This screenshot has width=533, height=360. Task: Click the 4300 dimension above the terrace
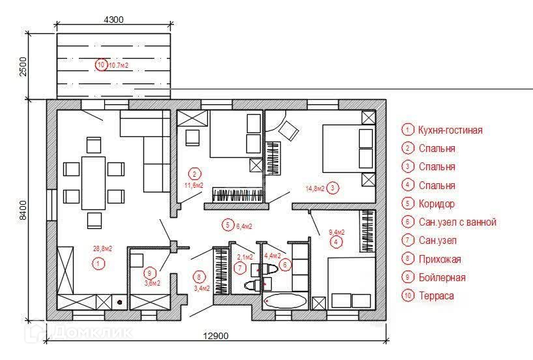tap(114, 20)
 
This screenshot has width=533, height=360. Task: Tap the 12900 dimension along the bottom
tap(215, 336)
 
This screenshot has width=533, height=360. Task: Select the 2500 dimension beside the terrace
tap(24, 68)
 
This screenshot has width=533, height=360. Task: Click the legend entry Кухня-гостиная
tap(450, 130)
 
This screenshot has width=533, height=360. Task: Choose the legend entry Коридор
tap(437, 203)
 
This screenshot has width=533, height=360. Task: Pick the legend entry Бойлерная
tap(442, 277)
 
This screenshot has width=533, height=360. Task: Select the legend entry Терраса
tap(436, 295)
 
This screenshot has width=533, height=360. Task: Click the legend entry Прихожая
tap(440, 259)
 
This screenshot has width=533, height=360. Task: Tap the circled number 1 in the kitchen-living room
tap(97, 263)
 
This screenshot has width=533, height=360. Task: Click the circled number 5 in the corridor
tap(227, 225)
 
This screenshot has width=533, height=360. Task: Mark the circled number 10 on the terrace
tap(100, 65)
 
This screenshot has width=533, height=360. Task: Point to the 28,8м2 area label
tap(102, 248)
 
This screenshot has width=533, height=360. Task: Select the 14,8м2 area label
tap(315, 189)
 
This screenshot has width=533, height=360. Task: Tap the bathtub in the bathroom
tap(286, 301)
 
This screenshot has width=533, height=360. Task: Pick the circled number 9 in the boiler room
tap(150, 273)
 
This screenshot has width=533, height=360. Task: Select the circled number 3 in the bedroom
tap(332, 188)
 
